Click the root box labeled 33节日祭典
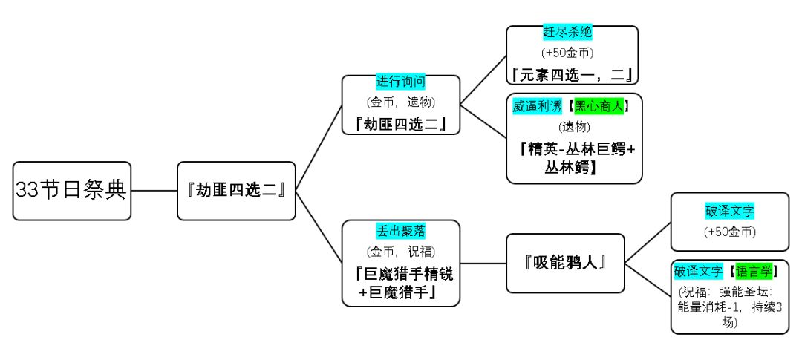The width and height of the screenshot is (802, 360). click(x=71, y=190)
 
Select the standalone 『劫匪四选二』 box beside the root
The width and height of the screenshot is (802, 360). click(x=237, y=190)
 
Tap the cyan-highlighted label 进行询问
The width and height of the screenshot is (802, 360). click(x=401, y=82)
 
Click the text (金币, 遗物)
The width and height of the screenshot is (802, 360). click(x=401, y=101)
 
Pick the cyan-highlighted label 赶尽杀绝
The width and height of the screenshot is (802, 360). click(x=567, y=33)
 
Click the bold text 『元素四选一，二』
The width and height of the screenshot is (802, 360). click(x=572, y=73)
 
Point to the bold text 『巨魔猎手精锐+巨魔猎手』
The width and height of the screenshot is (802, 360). click(x=401, y=284)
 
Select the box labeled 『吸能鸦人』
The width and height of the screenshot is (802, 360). click(x=565, y=263)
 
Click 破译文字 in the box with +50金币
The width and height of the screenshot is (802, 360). click(x=729, y=211)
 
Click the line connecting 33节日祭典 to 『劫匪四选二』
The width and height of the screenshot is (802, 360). click(x=154, y=190)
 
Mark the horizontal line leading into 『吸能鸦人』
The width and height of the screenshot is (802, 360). click(x=483, y=263)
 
